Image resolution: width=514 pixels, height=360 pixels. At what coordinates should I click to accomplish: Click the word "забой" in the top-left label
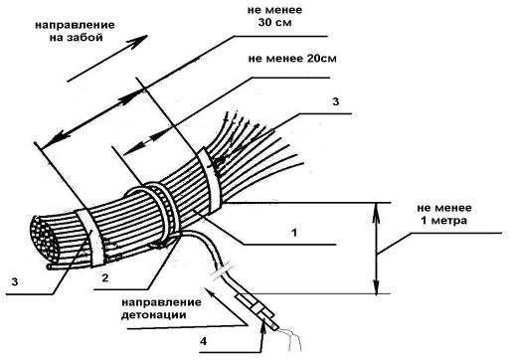click(x=85, y=38)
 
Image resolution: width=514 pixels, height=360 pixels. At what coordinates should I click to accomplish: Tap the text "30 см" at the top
click(x=274, y=23)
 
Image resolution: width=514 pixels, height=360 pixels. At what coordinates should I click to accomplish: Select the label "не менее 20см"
click(x=292, y=59)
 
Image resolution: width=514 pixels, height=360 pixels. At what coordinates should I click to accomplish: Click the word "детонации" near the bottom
click(x=153, y=315)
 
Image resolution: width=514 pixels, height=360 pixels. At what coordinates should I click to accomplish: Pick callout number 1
click(x=294, y=233)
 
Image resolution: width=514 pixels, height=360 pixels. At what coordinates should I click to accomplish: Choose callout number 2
click(x=105, y=277)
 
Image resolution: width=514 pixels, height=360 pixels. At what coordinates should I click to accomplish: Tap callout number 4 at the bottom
click(x=204, y=341)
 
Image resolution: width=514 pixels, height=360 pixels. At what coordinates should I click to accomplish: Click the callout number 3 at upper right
click(x=336, y=101)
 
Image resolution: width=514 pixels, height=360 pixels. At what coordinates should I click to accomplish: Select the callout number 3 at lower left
click(x=15, y=282)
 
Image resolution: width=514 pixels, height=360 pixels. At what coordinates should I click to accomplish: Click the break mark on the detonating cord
click(x=221, y=270)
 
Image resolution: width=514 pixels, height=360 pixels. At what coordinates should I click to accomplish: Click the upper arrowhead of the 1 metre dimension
click(x=377, y=212)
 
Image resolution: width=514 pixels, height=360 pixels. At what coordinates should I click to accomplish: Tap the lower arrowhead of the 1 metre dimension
click(x=377, y=285)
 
